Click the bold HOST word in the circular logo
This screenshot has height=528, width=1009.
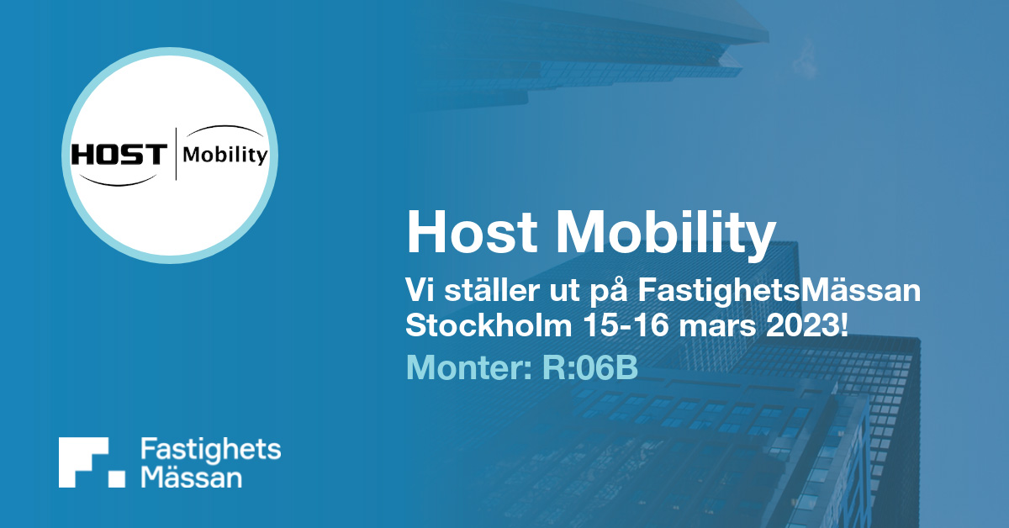pyautogui.click(x=119, y=155)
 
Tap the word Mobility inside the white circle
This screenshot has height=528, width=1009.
pyautogui.click(x=225, y=156)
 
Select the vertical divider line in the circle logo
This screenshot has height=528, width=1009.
pyautogui.click(x=175, y=154)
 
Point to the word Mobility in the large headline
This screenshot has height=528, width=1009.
pyautogui.click(x=666, y=235)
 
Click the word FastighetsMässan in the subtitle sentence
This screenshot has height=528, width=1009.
pyautogui.click(x=779, y=292)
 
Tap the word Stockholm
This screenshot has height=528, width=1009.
pyautogui.click(x=489, y=325)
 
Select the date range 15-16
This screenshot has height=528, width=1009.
pyautogui.click(x=626, y=325)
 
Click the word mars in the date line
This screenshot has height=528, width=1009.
pyautogui.click(x=717, y=329)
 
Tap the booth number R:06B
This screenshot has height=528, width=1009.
pyautogui.click(x=590, y=367)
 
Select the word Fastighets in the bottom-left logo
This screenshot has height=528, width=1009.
pyautogui.click(x=211, y=450)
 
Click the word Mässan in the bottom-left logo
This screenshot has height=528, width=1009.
pyautogui.click(x=192, y=476)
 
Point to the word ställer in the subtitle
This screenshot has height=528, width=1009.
pyautogui.click(x=492, y=291)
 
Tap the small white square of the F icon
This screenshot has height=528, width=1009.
pyautogui.click(x=117, y=479)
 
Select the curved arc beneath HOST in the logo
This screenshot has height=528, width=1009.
pyautogui.click(x=118, y=181)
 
